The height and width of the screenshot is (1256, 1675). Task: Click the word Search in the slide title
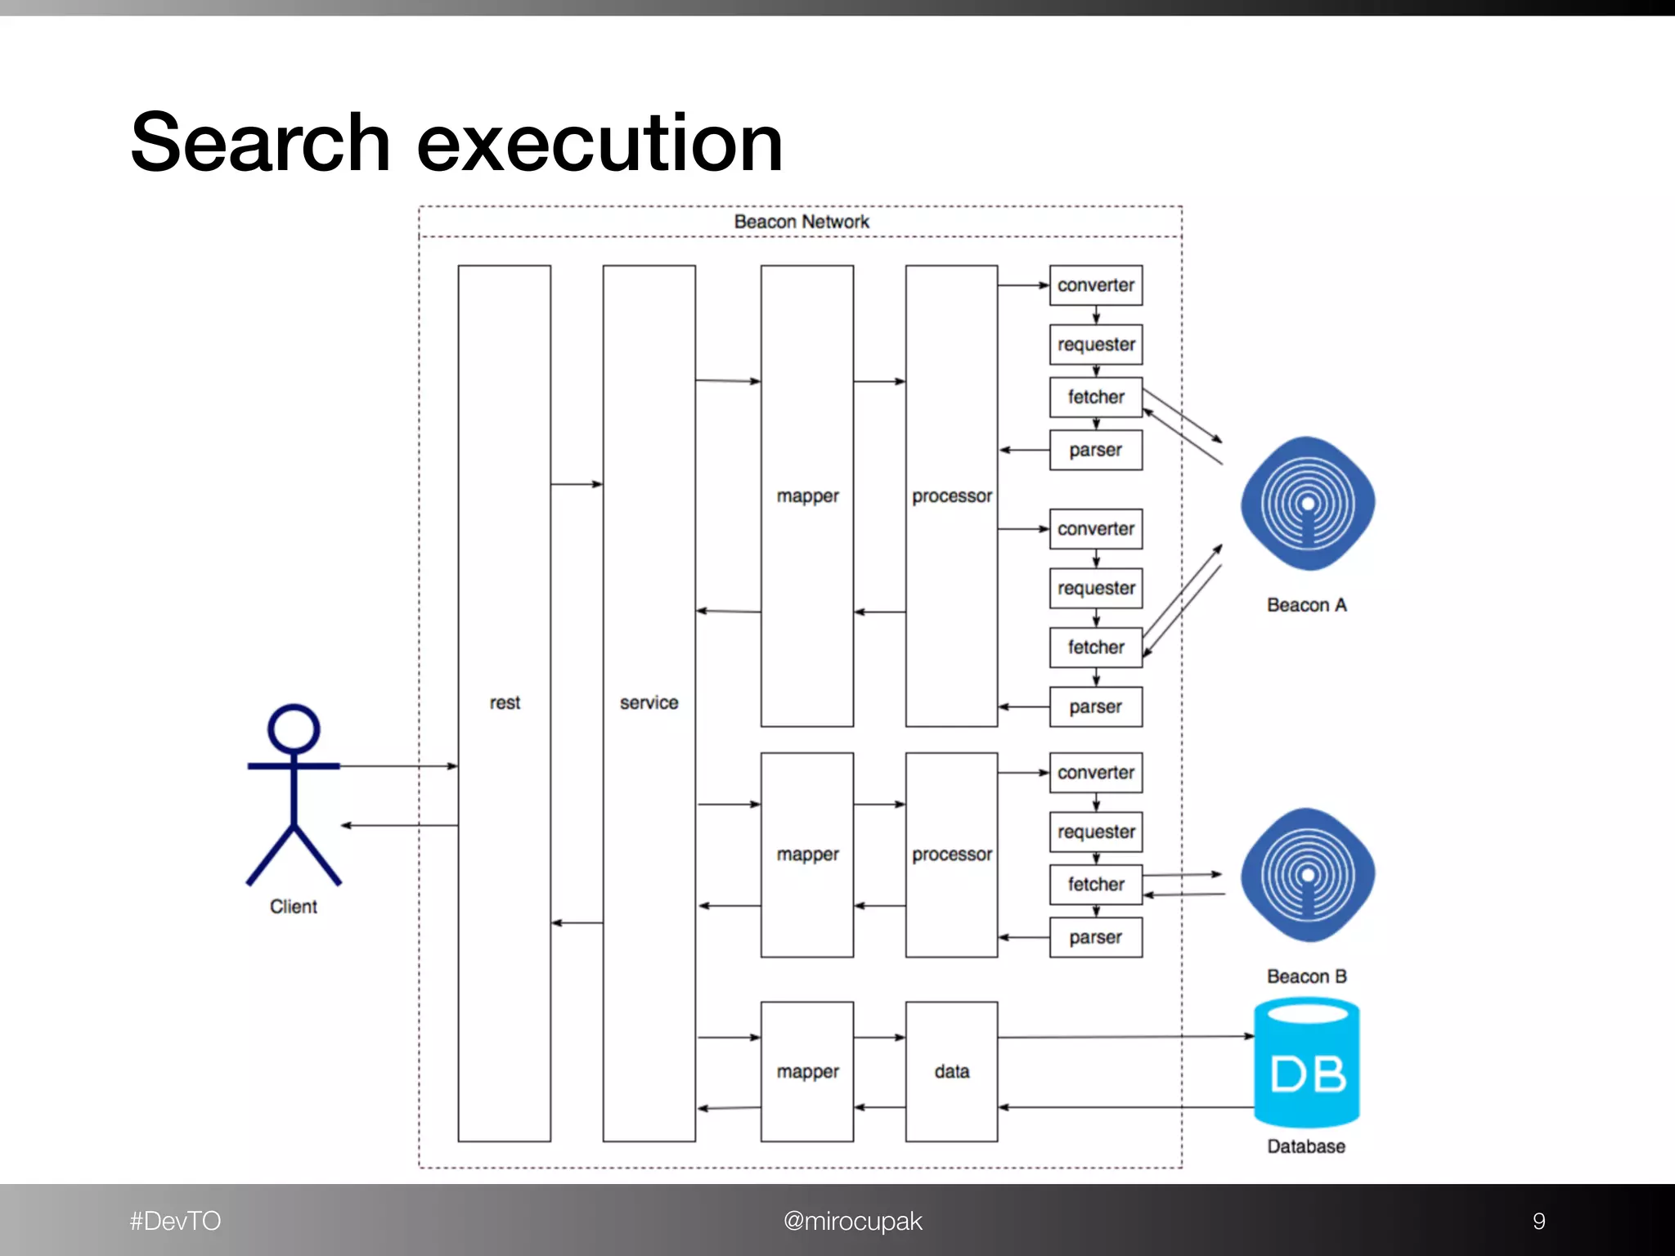point(259,144)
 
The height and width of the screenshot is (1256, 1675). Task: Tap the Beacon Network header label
point(801,222)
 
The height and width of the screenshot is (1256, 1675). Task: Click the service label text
point(649,702)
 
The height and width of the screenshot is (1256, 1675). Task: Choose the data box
point(951,1071)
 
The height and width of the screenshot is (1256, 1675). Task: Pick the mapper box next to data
point(807,1071)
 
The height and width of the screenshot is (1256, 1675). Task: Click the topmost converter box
point(1096,285)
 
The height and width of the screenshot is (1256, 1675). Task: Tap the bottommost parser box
point(1096,937)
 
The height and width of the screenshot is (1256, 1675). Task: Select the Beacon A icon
point(1307,504)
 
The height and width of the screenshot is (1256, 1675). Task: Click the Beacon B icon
point(1307,876)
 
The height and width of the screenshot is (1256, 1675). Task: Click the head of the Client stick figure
point(294,729)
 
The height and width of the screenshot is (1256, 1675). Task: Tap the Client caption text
point(294,906)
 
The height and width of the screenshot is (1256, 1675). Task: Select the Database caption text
point(1306,1146)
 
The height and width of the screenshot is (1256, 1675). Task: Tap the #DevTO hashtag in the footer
point(175,1221)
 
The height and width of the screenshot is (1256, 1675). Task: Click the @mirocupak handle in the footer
point(852,1221)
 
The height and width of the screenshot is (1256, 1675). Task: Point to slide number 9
point(1538,1221)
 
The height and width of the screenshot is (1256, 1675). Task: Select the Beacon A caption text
point(1306,605)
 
